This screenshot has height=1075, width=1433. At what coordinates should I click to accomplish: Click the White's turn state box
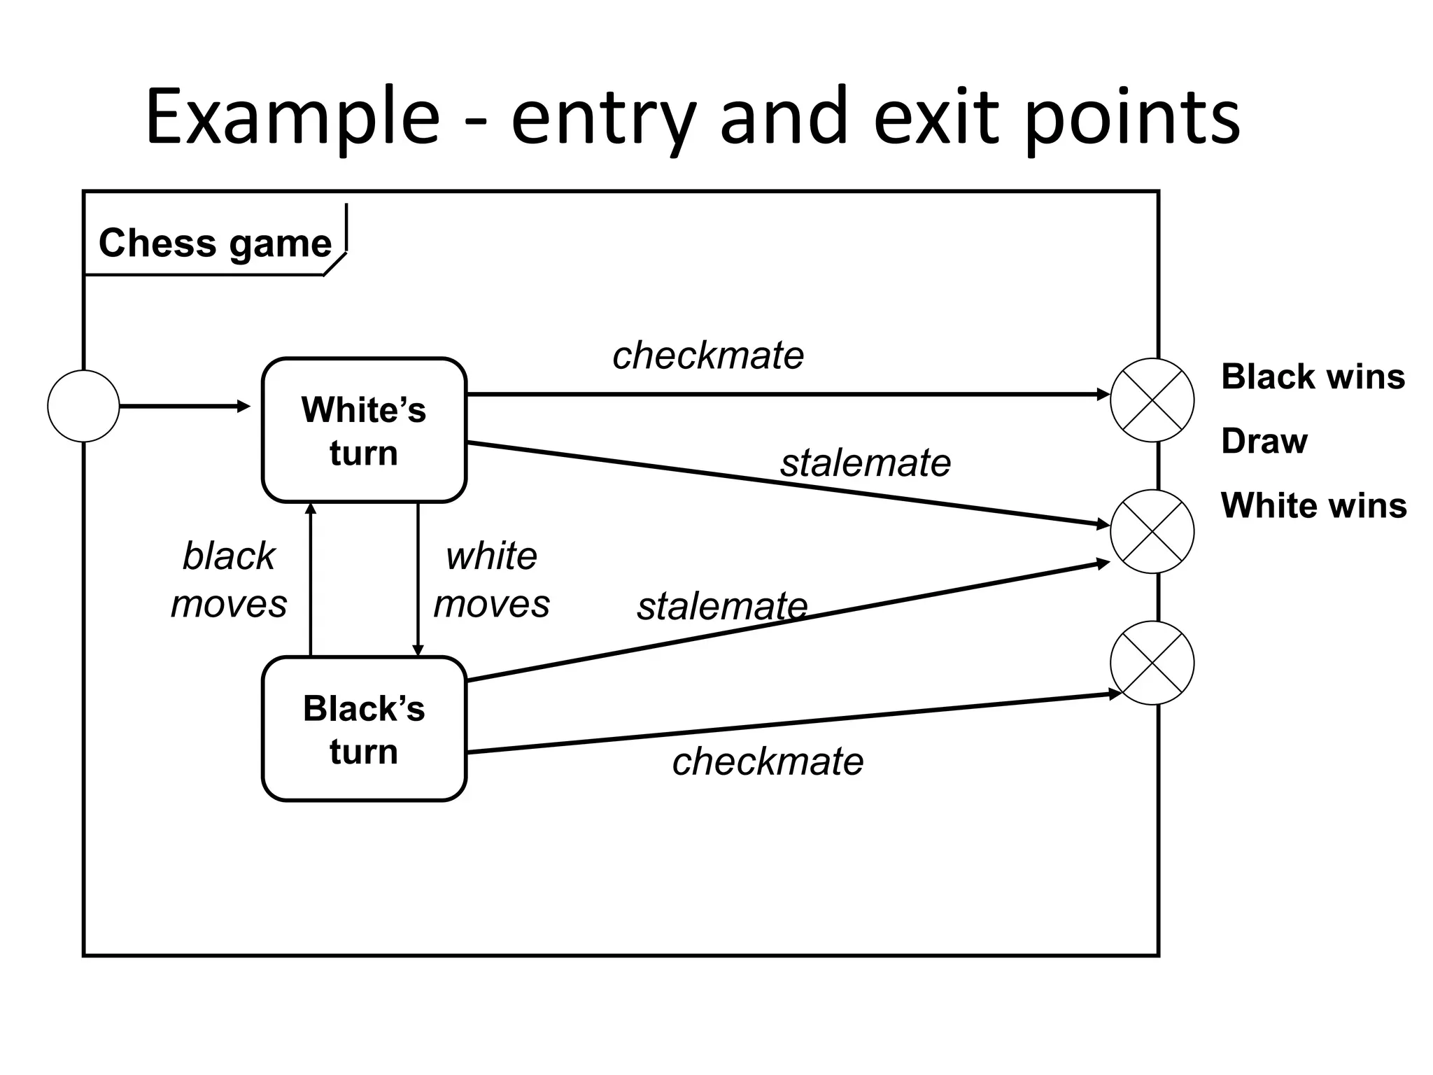pyautogui.click(x=364, y=430)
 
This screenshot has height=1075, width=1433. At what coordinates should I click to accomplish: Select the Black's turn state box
pyautogui.click(x=364, y=729)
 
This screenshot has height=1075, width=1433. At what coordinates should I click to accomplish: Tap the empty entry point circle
pyautogui.click(x=83, y=406)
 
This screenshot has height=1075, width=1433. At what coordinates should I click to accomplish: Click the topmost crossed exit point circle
pyautogui.click(x=1152, y=400)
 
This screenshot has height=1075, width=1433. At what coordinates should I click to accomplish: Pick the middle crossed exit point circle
pyautogui.click(x=1152, y=531)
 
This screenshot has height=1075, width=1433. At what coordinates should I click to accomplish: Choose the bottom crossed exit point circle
pyautogui.click(x=1152, y=663)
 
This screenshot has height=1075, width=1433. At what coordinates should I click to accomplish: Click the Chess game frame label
pyautogui.click(x=215, y=243)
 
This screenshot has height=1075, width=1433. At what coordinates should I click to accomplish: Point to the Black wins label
pyautogui.click(x=1313, y=377)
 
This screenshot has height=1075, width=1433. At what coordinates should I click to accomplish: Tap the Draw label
pyautogui.click(x=1264, y=441)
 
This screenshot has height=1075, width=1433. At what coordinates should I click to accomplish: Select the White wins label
pyautogui.click(x=1313, y=505)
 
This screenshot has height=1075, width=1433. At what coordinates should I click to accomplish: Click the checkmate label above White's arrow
pyautogui.click(x=707, y=356)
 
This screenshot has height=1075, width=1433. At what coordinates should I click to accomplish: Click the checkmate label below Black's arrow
pyautogui.click(x=768, y=761)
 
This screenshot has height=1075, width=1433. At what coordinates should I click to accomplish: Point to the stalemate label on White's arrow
pyautogui.click(x=865, y=463)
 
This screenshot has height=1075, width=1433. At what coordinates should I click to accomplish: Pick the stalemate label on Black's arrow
pyautogui.click(x=721, y=606)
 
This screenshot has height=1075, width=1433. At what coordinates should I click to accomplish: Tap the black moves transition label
pyautogui.click(x=229, y=579)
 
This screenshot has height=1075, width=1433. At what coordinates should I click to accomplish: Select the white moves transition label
pyautogui.click(x=491, y=579)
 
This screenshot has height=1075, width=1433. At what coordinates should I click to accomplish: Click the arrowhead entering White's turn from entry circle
pyautogui.click(x=244, y=407)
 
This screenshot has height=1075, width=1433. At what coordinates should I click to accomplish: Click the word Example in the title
pyautogui.click(x=292, y=117)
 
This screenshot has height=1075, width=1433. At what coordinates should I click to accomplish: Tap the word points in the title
pyautogui.click(x=1133, y=117)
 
